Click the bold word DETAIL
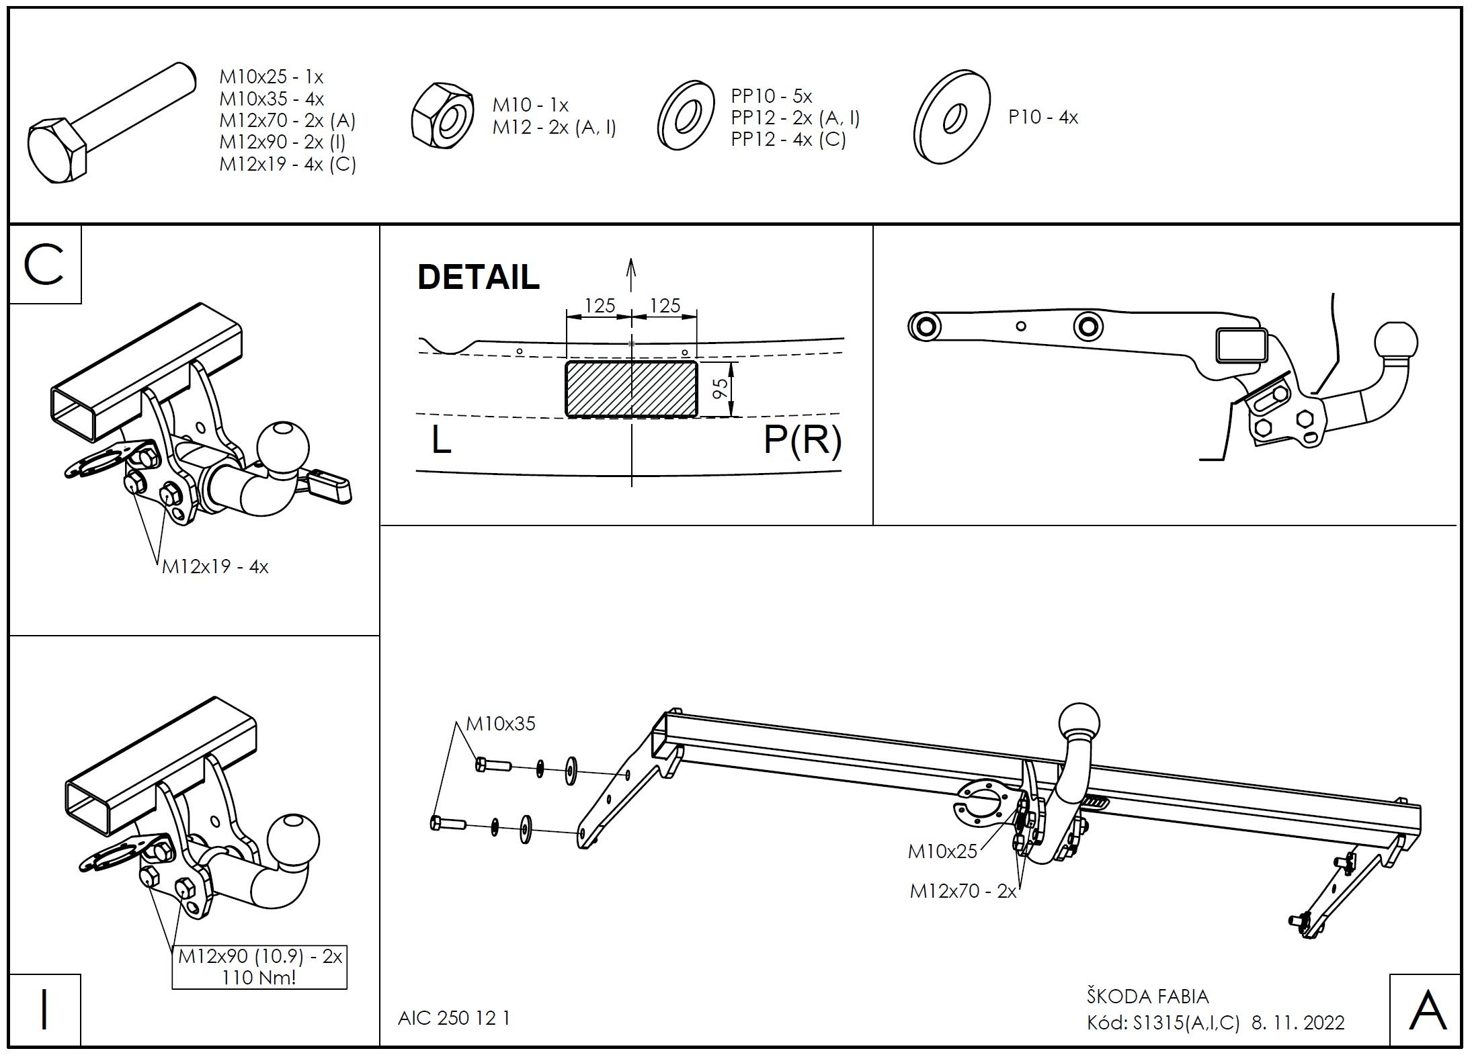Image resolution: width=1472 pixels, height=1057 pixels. click(478, 277)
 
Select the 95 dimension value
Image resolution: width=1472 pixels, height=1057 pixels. click(720, 388)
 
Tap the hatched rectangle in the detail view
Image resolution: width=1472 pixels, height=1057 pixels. click(631, 389)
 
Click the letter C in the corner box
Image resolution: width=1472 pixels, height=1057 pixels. click(44, 265)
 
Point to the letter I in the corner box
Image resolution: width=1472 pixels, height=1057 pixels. click(44, 1011)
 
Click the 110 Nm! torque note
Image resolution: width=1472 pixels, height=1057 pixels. click(259, 977)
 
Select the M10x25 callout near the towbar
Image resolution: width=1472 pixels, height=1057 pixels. click(942, 851)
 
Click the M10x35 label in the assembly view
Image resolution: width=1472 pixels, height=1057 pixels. click(501, 724)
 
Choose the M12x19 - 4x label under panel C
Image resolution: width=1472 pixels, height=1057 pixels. click(215, 566)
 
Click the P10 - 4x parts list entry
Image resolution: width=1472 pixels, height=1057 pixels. click(1043, 117)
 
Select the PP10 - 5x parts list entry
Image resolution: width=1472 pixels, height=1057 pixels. click(772, 95)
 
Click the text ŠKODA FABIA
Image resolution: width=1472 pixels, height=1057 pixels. click(1148, 996)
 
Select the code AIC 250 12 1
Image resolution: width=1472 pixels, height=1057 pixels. click(454, 1018)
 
